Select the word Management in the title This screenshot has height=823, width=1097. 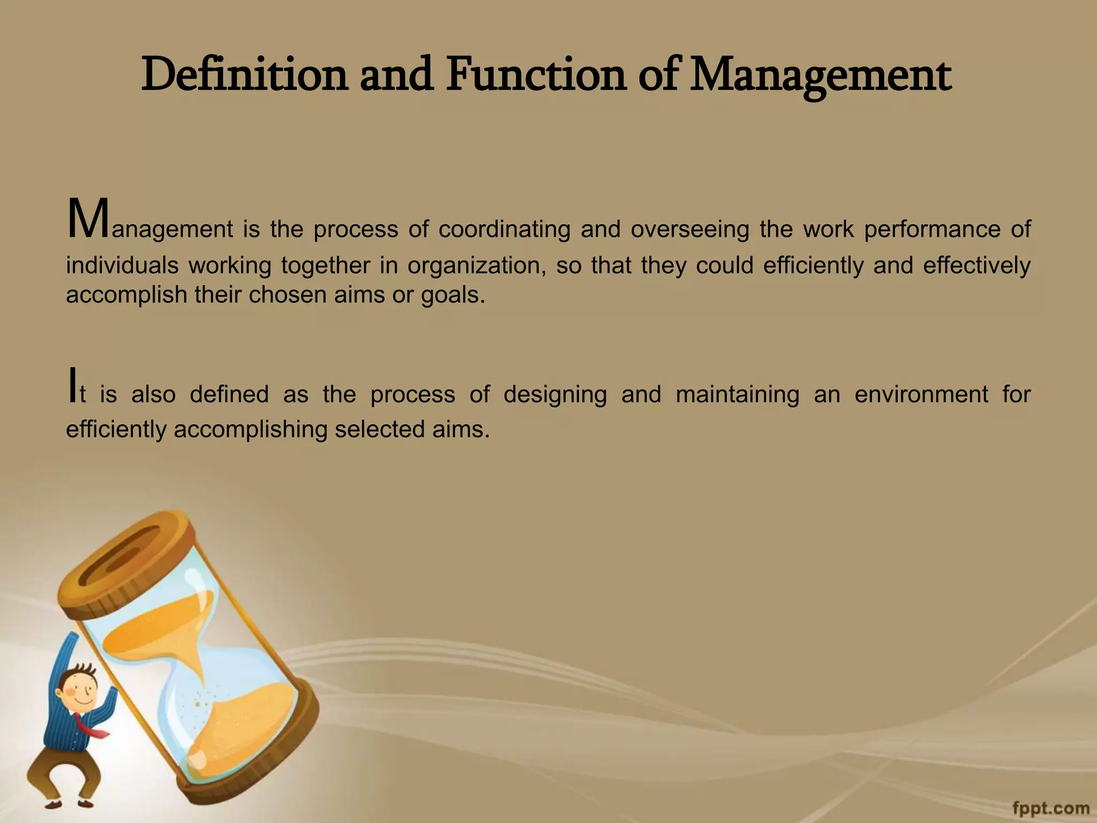820,76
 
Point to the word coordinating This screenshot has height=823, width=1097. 504,230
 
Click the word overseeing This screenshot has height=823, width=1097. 690,230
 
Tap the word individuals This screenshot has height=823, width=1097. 122,265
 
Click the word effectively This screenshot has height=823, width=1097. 976,266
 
